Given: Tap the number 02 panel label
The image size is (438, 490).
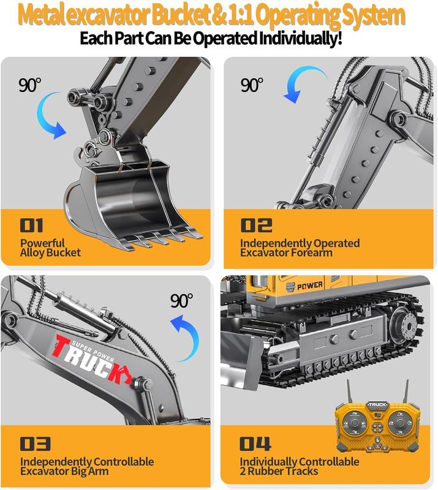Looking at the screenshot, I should point(256,225).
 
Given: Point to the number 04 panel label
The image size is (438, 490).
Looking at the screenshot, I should point(256,443).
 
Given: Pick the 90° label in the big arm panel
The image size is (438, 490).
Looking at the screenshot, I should point(182,301).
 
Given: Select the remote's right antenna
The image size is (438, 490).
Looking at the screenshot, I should point(406,390).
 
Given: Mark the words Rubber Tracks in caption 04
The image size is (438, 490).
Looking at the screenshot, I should point(283,471).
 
